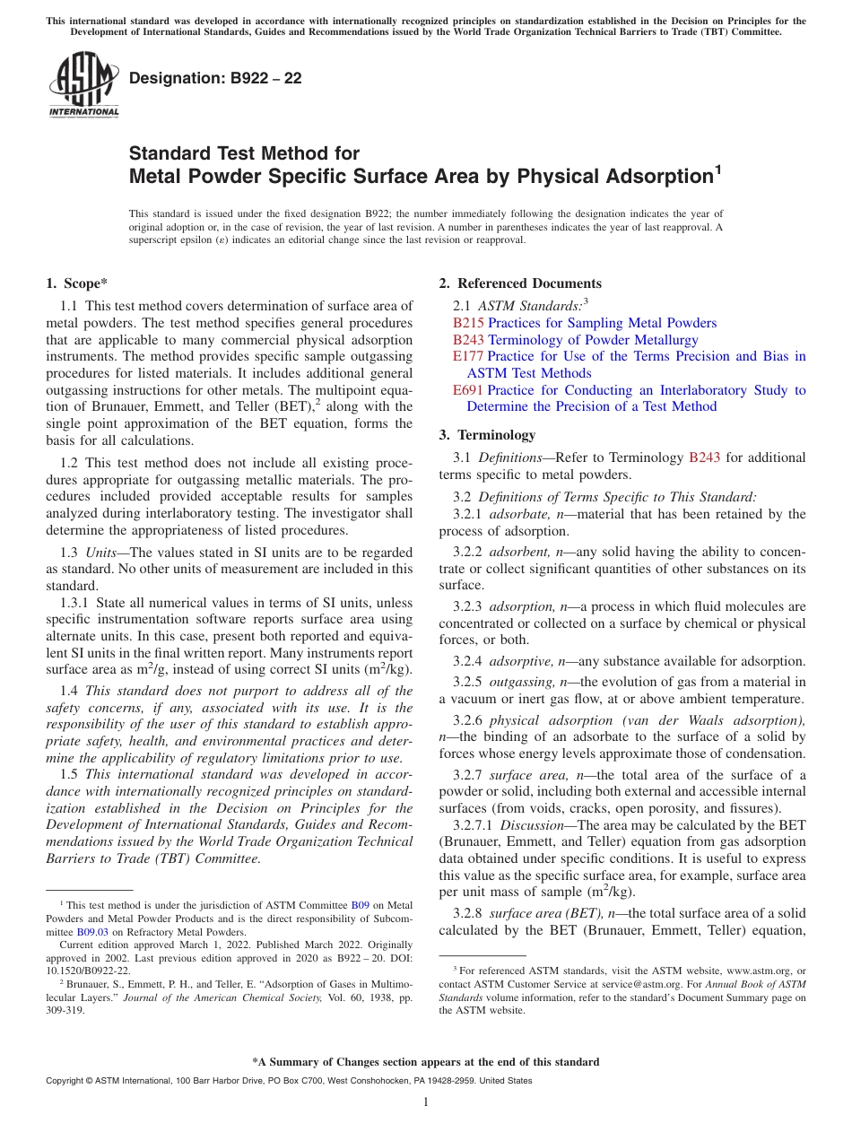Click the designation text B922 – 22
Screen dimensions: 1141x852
click(215, 78)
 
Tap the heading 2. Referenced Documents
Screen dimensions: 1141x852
click(520, 283)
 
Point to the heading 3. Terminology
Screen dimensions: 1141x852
click(487, 435)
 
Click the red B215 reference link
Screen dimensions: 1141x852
click(468, 323)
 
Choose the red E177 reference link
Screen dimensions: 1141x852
click(468, 356)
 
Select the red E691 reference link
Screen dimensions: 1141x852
click(468, 390)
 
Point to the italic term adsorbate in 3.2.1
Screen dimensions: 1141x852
click(518, 514)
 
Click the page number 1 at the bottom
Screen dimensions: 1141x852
click(426, 1102)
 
